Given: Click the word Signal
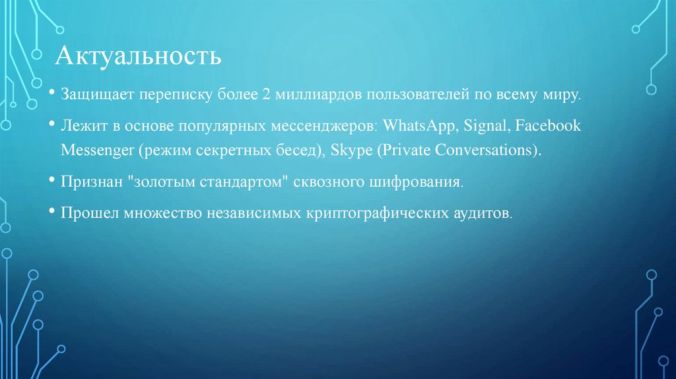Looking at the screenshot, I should pyautogui.click(x=486, y=125).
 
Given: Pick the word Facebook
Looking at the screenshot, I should pyautogui.click(x=547, y=125).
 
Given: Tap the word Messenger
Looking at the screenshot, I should pyautogui.click(x=97, y=149).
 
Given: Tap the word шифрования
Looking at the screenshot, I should pyautogui.click(x=424, y=181).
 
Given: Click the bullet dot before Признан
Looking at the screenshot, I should pyautogui.click(x=51, y=180).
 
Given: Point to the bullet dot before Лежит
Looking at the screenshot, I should pyautogui.click(x=51, y=125).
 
